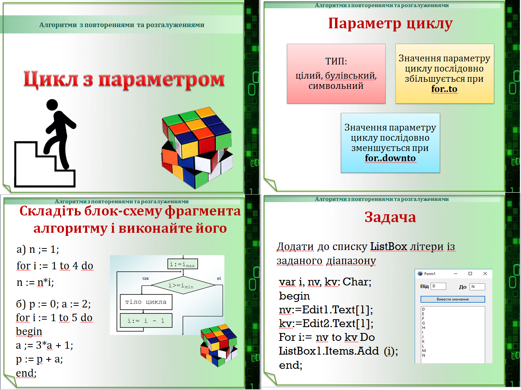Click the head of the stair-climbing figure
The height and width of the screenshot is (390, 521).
pyautogui.click(x=52, y=105)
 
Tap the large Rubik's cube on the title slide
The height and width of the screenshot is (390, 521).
pyautogui.click(x=197, y=148)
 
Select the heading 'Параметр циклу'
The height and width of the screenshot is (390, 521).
pyautogui.click(x=390, y=24)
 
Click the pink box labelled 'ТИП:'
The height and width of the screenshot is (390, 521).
pyautogui.click(x=336, y=74)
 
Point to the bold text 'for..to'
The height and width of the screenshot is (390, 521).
pyautogui.click(x=444, y=89)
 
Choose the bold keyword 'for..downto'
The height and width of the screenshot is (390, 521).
pyautogui.click(x=390, y=158)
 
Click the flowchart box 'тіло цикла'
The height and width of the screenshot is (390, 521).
pyautogui.click(x=146, y=302)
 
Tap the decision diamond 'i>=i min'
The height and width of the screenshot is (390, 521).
pyautogui.click(x=183, y=285)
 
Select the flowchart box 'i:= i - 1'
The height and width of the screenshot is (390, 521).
pyautogui.click(x=146, y=320)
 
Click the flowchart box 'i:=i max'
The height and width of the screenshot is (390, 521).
pyautogui.click(x=182, y=264)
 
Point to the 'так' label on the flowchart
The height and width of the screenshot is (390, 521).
pyautogui.click(x=145, y=278)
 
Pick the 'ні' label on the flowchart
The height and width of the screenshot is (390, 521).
pyautogui.click(x=219, y=278)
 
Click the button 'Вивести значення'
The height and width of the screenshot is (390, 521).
pyautogui.click(x=453, y=299)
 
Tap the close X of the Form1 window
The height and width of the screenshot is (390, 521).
pyautogui.click(x=485, y=274)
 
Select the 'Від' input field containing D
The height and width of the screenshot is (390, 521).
pyautogui.click(x=438, y=286)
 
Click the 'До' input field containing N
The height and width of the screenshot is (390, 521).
pyautogui.click(x=477, y=287)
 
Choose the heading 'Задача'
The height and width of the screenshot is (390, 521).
pyautogui.click(x=390, y=217)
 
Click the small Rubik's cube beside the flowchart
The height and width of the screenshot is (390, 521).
pyautogui.click(x=219, y=345)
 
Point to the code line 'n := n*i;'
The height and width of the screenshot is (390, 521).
pyautogui.click(x=35, y=282)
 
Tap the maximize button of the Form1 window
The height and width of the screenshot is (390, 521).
pyautogui.click(x=470, y=274)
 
